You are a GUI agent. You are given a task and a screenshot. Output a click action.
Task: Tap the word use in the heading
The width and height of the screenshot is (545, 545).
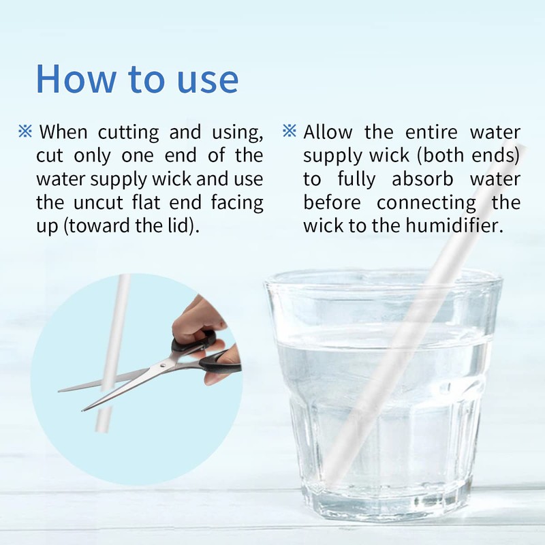[205, 79]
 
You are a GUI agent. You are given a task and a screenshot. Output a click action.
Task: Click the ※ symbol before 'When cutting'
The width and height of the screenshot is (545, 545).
[25, 131]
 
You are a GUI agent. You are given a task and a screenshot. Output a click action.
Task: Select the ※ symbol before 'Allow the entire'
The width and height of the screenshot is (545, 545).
[290, 131]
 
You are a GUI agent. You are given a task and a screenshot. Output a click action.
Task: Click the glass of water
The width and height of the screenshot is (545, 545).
[381, 395]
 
